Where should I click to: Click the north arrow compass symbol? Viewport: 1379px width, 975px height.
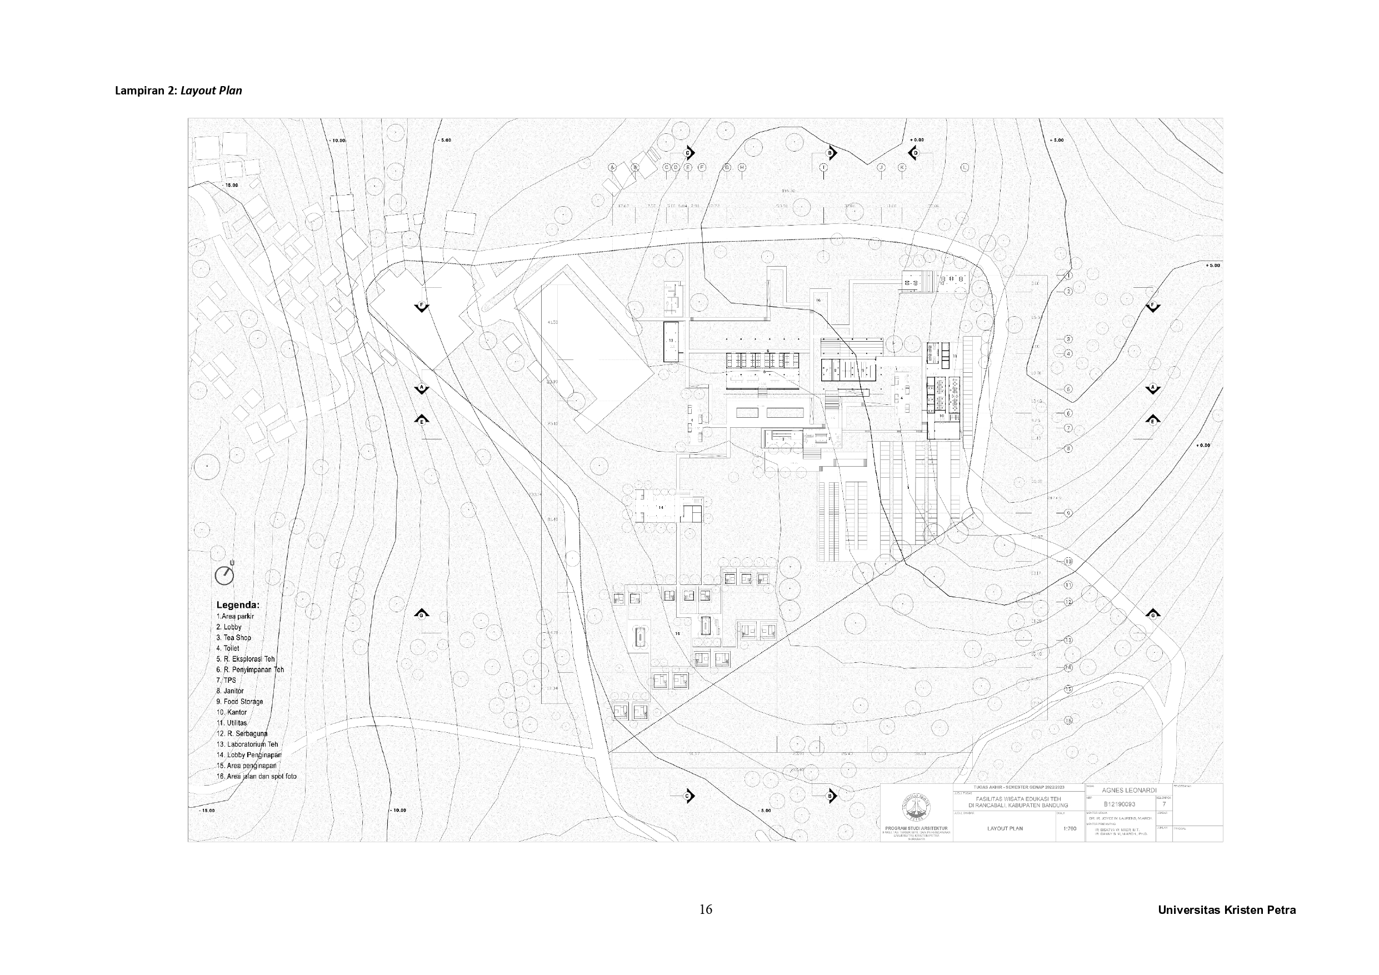coord(224,575)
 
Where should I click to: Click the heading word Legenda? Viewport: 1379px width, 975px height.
coord(238,605)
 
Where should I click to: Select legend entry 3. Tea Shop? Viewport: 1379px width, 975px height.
coord(234,637)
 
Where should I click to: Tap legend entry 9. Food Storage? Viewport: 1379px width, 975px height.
coord(239,702)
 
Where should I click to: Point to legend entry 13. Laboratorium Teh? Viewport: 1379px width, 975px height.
coord(247,744)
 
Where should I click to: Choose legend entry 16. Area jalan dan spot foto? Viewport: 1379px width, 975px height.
coord(257,776)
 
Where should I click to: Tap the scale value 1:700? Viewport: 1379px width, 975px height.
coord(1070,828)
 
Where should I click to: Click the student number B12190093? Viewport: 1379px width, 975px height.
coord(1120,804)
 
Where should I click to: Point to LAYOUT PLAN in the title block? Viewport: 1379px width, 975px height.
coord(1005,828)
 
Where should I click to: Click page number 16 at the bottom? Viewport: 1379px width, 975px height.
coord(706,909)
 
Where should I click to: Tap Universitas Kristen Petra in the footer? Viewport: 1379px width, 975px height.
coord(1226,910)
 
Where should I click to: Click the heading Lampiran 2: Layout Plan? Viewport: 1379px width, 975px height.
coord(178,91)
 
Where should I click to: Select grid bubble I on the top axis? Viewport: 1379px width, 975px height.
coord(823,168)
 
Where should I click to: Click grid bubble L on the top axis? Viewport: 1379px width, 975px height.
coord(965,168)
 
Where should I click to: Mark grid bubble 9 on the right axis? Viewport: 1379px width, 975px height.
coord(1068,513)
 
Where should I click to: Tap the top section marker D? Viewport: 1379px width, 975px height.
coord(915,153)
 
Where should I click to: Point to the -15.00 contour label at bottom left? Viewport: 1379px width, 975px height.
coord(207,811)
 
